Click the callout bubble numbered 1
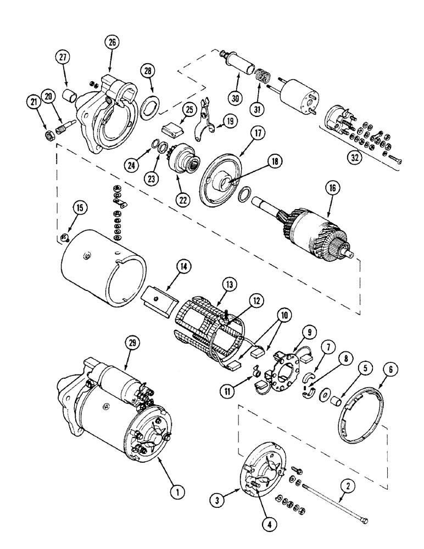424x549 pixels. pyautogui.click(x=175, y=492)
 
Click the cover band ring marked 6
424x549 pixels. pyautogui.click(x=356, y=407)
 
